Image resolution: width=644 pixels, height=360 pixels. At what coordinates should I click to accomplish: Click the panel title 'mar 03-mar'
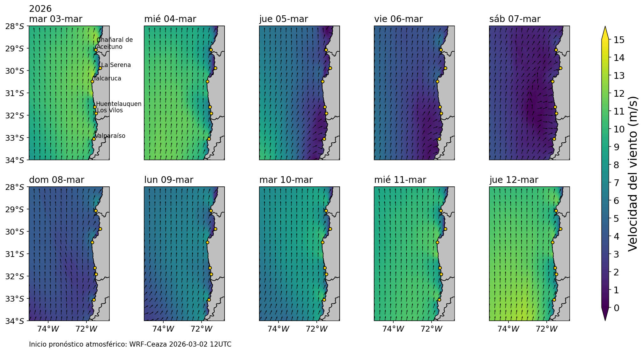pyautogui.click(x=56, y=19)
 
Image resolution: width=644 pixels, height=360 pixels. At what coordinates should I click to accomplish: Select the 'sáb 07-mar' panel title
pyautogui.click(x=515, y=19)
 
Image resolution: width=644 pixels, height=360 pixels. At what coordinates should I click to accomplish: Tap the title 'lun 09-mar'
pyautogui.click(x=168, y=180)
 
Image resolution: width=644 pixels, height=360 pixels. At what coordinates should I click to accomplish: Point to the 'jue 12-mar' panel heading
pyautogui.click(x=514, y=180)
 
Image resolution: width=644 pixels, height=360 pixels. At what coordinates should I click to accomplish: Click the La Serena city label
pyautogui.click(x=116, y=65)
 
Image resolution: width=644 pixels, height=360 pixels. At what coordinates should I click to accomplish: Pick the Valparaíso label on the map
pyautogui.click(x=110, y=136)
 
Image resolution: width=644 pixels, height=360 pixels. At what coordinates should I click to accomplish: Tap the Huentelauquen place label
pyautogui.click(x=119, y=104)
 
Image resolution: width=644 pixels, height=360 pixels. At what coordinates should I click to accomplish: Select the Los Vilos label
pyautogui.click(x=110, y=110)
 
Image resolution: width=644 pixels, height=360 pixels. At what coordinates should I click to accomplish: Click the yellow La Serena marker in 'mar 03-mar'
pyautogui.click(x=100, y=68)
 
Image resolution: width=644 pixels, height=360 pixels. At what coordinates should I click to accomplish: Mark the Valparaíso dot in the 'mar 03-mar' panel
pyautogui.click(x=94, y=139)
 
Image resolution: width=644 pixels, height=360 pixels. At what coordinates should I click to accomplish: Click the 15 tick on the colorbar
pyautogui.click(x=617, y=40)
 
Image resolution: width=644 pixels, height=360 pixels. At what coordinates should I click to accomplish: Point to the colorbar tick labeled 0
pyautogui.click(x=616, y=308)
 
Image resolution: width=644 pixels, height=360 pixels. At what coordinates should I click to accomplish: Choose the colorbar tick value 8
pyautogui.click(x=616, y=165)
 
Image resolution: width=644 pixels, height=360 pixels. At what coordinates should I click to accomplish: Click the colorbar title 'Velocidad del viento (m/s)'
pyautogui.click(x=633, y=174)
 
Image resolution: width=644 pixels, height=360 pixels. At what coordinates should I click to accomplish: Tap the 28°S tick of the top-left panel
pyautogui.click(x=15, y=26)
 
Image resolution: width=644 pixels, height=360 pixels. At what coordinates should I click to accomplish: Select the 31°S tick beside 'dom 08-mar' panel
pyautogui.click(x=15, y=254)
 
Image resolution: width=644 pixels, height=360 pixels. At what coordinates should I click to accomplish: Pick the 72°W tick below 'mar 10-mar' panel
pyautogui.click(x=316, y=329)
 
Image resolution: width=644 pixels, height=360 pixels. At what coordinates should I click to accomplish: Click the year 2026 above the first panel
pyautogui.click(x=40, y=9)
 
